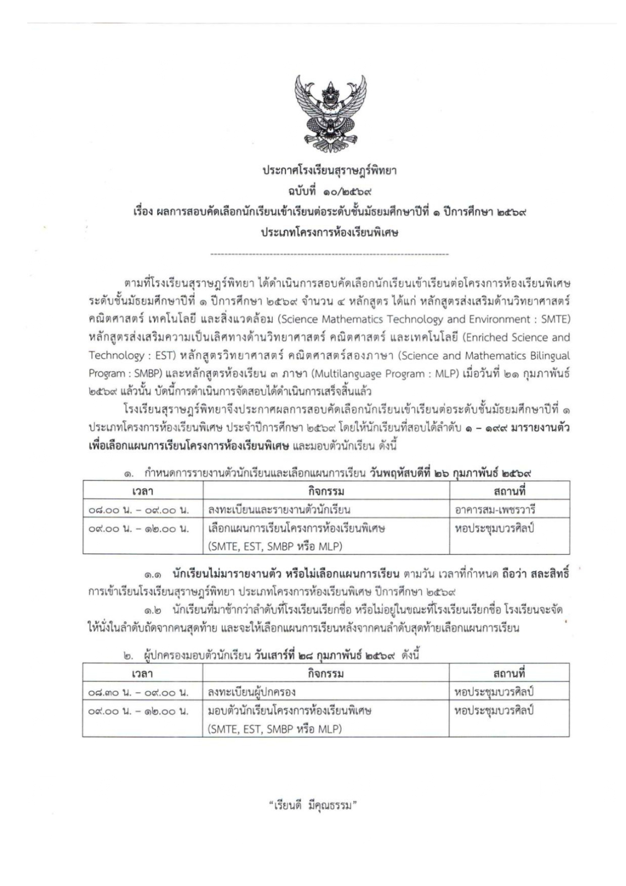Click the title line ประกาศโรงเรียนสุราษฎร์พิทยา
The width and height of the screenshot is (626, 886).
329,171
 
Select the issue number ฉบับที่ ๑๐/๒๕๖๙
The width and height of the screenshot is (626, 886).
329,192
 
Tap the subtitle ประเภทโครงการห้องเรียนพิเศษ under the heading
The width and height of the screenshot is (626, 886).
329,233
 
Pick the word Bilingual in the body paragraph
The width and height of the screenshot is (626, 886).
551,356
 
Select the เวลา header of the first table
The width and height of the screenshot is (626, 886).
143,491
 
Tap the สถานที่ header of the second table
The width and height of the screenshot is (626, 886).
509,673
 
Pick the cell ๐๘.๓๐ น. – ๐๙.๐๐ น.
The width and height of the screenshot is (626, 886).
138,692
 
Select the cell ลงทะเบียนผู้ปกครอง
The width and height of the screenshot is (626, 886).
252,692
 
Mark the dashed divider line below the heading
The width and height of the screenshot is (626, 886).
329,254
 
